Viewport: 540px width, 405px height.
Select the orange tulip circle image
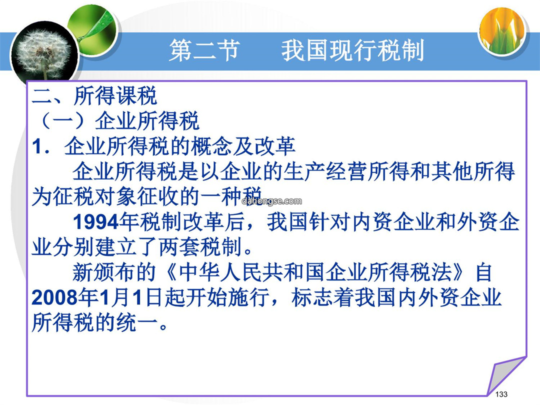502,32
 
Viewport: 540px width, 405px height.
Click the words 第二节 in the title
204,50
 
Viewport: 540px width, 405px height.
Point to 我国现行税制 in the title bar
352,50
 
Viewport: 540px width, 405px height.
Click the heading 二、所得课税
94,95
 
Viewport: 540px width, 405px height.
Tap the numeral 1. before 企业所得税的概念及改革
41,146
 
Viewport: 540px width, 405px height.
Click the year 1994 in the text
95,222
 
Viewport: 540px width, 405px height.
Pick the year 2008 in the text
54,297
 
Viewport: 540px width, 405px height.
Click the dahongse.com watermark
271,201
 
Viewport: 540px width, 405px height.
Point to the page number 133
501,394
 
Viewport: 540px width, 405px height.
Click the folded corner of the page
505,375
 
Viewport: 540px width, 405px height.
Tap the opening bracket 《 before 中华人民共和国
169,272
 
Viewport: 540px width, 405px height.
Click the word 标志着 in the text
322,297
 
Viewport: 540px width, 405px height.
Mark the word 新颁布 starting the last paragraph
104,272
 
